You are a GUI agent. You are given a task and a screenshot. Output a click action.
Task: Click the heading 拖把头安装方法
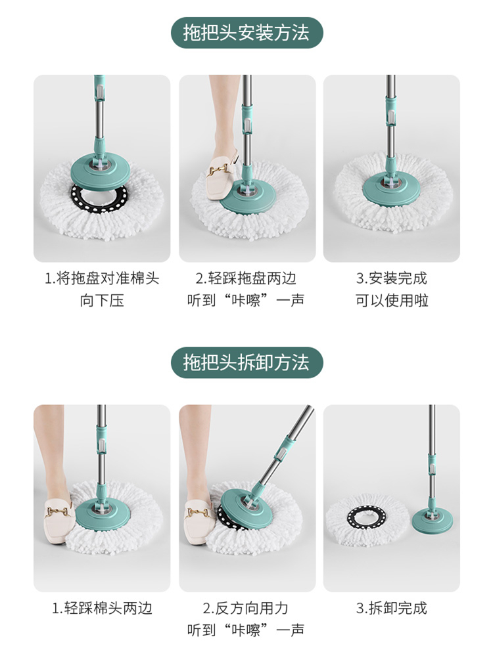click(x=246, y=32)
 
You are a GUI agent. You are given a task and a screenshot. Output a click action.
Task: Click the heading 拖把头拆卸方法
click(x=246, y=362)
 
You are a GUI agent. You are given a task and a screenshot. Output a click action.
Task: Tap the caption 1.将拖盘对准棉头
click(x=102, y=278)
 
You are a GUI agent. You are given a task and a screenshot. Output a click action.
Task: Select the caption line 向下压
click(x=102, y=301)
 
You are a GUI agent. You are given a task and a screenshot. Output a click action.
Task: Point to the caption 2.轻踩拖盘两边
click(x=246, y=278)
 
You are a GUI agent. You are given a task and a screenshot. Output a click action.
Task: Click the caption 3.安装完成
click(x=391, y=278)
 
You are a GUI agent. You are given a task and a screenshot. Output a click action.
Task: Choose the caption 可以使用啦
click(x=391, y=301)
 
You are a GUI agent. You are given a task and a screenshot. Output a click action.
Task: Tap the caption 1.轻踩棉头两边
click(x=102, y=608)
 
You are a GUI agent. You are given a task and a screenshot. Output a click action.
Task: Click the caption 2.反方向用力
click(x=246, y=608)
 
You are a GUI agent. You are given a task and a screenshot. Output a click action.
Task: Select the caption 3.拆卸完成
click(x=391, y=608)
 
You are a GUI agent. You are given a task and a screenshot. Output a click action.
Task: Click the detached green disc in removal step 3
click(x=433, y=521)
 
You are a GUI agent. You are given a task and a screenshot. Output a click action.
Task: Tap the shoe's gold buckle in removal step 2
click(x=199, y=510)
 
